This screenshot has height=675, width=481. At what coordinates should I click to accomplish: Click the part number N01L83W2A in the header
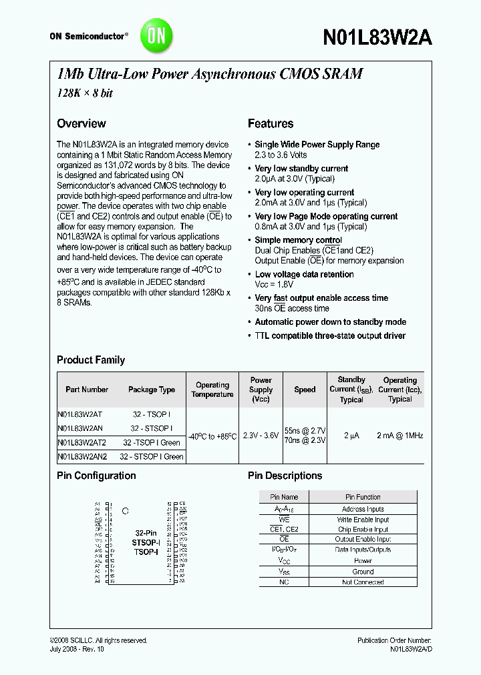pyautogui.click(x=377, y=38)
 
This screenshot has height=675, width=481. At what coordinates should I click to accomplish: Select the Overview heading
pyautogui.click(x=82, y=123)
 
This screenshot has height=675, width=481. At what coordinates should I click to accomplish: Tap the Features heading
pyautogui.click(x=270, y=123)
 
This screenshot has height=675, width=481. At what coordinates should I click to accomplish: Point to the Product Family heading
pyautogui.click(x=91, y=360)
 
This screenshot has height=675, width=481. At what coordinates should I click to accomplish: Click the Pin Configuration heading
pyautogui.click(x=96, y=476)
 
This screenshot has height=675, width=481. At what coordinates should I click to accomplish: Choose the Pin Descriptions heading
pyautogui.click(x=285, y=476)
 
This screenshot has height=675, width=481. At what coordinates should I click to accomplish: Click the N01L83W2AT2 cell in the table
pyautogui.click(x=82, y=442)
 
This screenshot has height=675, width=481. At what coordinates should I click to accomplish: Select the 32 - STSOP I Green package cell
pyautogui.click(x=152, y=456)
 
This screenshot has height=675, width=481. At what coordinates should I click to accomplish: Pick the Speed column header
pyautogui.click(x=305, y=390)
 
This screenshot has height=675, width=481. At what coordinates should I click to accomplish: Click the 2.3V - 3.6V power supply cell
pyautogui.click(x=261, y=436)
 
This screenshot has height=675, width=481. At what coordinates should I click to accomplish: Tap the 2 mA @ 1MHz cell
pyautogui.click(x=400, y=436)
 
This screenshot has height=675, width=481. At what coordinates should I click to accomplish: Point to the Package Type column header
pyautogui.click(x=152, y=390)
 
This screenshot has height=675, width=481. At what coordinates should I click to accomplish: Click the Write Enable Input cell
pyautogui.click(x=363, y=520)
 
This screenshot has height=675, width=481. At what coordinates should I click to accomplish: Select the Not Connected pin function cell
pyautogui.click(x=363, y=582)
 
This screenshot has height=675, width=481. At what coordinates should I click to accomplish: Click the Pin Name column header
pyautogui.click(x=284, y=497)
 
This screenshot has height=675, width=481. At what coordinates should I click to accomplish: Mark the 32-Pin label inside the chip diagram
pyautogui.click(x=146, y=534)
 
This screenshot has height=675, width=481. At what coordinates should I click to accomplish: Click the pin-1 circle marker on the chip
pyautogui.click(x=125, y=512)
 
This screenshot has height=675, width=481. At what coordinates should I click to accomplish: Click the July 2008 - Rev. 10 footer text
pyautogui.click(x=77, y=649)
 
